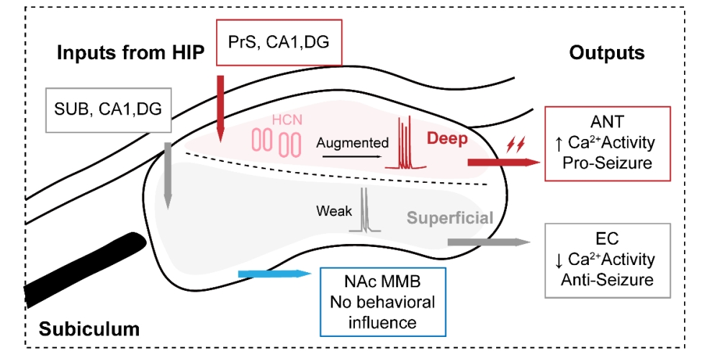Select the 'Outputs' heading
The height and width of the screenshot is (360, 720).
point(606,53)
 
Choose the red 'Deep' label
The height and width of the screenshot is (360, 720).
point(448,138)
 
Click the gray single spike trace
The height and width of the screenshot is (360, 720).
point(365,210)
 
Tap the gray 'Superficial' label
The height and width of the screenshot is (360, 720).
point(450,217)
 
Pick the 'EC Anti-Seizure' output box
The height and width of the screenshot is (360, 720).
point(608,258)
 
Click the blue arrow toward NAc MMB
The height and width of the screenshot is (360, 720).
point(273,274)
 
